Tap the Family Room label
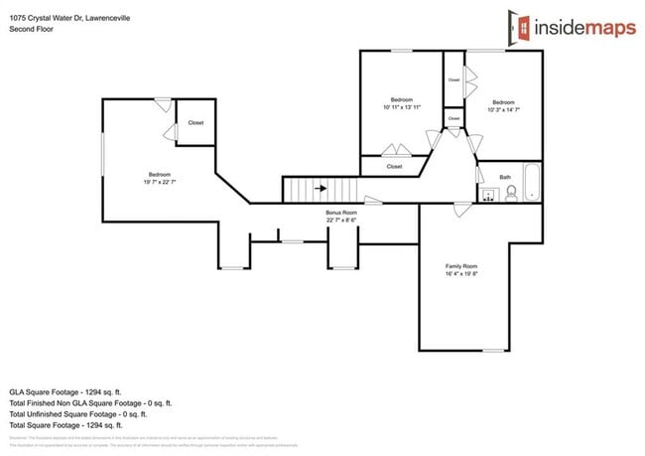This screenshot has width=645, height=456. click(x=461, y=266)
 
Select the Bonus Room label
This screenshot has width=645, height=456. click(x=341, y=212)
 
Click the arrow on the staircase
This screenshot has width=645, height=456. click(x=321, y=187)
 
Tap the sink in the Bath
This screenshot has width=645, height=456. click(x=489, y=194)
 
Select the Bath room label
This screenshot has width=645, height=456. click(x=506, y=177)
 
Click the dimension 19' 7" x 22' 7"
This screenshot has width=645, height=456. click(x=161, y=182)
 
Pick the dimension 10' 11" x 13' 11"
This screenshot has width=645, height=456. click(x=402, y=107)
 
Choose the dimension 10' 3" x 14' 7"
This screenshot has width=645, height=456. click(x=503, y=109)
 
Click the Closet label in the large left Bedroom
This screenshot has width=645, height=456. click(x=195, y=123)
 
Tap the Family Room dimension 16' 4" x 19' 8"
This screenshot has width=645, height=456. click(x=461, y=274)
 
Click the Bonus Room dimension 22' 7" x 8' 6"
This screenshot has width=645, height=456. click(x=341, y=220)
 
